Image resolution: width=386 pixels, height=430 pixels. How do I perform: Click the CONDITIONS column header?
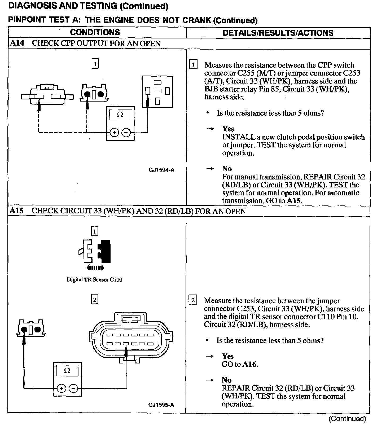95,32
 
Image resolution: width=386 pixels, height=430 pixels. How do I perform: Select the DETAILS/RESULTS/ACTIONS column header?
278,33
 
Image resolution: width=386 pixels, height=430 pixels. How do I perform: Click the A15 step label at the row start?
16,211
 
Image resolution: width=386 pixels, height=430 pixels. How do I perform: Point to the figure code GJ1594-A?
161,170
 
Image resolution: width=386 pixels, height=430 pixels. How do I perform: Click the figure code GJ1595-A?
161,405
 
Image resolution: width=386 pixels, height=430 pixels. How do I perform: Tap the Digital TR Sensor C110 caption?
94,280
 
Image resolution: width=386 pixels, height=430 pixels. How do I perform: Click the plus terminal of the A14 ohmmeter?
114,132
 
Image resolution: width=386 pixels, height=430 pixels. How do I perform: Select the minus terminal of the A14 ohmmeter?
126,132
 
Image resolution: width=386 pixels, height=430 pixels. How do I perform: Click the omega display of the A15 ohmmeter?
67,371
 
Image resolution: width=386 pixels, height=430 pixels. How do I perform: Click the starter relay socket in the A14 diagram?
157,92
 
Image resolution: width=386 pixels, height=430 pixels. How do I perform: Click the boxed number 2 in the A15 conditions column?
95,300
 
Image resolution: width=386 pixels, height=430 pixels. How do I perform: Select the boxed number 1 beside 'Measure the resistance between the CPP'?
193,65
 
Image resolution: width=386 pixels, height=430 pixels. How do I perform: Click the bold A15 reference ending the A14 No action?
294,201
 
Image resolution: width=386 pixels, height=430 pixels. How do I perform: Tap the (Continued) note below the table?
347,419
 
